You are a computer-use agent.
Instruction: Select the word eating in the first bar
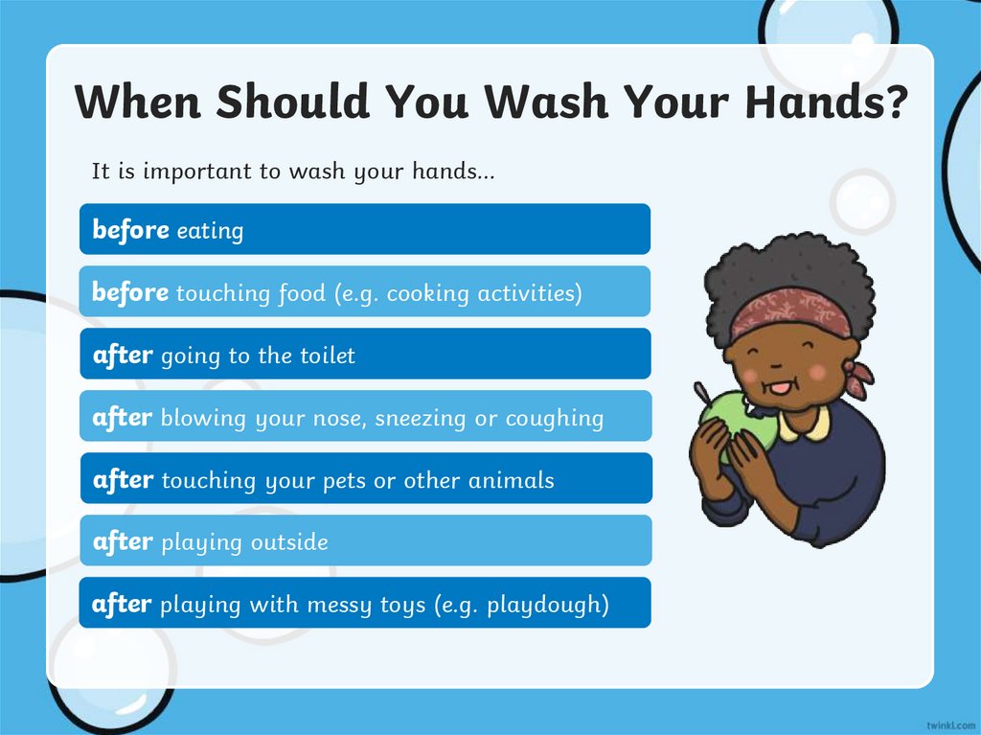[210, 231]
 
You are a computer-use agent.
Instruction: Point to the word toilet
[327, 356]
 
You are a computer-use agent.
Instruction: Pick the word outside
[289, 542]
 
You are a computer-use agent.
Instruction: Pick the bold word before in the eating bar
[130, 230]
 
